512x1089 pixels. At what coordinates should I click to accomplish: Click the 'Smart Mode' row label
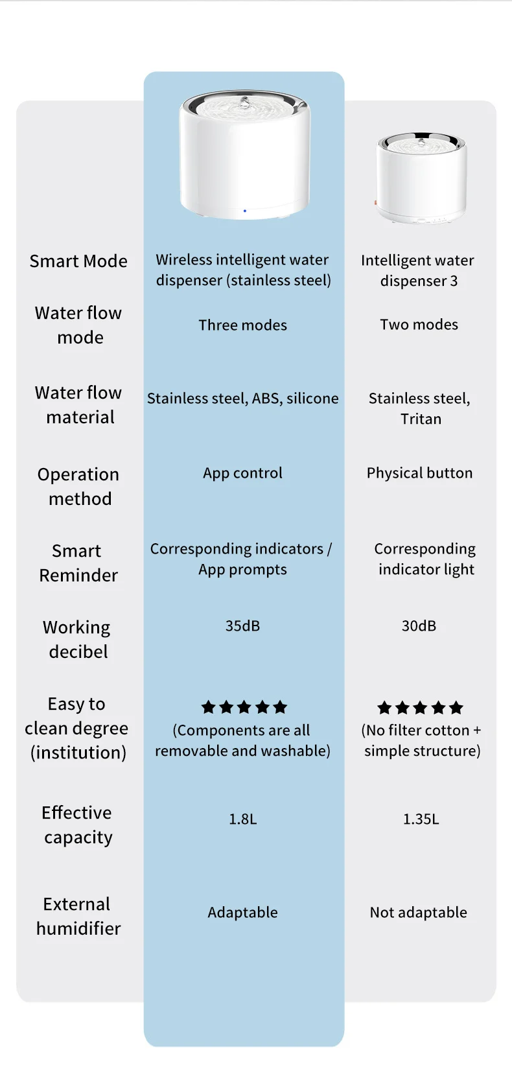[78, 261]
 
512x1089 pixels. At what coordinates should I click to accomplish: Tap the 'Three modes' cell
[242, 325]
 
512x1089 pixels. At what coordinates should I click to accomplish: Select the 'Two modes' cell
[419, 324]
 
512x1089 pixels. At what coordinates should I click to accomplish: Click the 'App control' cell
[242, 473]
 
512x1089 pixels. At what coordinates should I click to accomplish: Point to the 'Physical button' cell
[419, 473]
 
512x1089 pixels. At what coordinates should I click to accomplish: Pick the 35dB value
[242, 626]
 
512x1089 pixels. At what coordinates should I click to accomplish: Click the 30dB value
[419, 626]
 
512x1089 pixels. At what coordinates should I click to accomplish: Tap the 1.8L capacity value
[242, 819]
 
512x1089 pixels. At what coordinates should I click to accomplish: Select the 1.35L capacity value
[421, 819]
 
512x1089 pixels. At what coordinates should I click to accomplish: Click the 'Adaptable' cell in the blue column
[242, 912]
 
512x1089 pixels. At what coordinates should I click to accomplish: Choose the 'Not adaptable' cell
[418, 912]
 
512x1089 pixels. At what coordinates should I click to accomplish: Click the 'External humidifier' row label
[78, 916]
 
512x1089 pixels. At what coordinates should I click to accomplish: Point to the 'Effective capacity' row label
[78, 825]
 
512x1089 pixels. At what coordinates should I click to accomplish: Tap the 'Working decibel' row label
[77, 639]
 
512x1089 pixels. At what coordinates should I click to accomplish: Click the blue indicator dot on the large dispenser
[244, 211]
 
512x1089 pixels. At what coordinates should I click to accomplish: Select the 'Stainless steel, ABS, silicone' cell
[242, 398]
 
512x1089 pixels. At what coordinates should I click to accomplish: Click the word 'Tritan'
[421, 419]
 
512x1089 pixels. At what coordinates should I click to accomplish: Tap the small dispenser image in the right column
[421, 178]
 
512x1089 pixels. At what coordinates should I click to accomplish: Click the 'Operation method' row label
[78, 486]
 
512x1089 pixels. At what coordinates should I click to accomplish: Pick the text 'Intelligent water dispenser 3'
[418, 270]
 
